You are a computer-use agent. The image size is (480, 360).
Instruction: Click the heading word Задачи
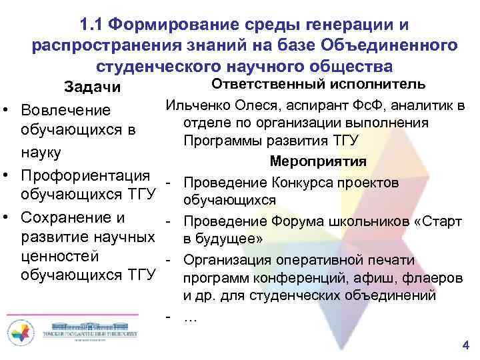92,87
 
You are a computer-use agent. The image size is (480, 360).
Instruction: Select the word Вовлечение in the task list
65,109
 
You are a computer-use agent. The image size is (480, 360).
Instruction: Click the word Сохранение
64,217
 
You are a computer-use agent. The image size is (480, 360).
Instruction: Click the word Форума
295,221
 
